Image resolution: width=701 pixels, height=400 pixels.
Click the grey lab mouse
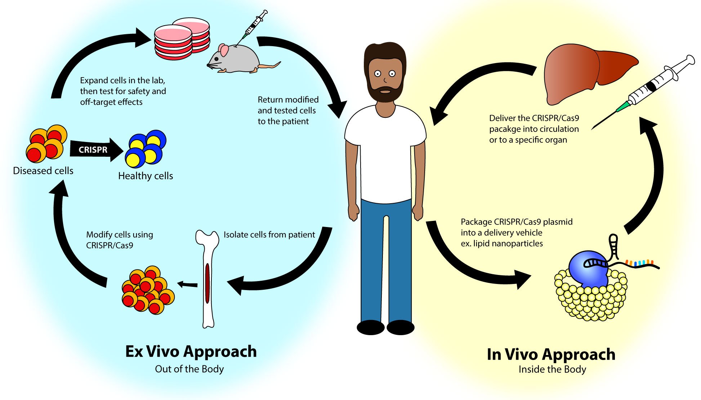point(238,59)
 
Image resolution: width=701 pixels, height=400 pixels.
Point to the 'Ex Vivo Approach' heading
point(191,352)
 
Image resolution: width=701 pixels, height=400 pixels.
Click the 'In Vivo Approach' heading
point(551,355)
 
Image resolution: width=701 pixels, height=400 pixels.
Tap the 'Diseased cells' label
point(43,171)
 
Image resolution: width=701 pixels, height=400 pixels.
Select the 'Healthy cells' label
point(146,176)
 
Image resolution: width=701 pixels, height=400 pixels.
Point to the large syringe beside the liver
point(643,92)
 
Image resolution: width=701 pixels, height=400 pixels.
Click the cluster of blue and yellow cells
point(146,149)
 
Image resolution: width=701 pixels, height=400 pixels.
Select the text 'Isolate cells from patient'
point(269,235)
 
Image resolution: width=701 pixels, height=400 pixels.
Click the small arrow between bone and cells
point(187,285)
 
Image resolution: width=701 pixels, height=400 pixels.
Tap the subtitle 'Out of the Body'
point(189,369)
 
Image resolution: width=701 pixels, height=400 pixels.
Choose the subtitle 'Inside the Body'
point(552,369)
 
